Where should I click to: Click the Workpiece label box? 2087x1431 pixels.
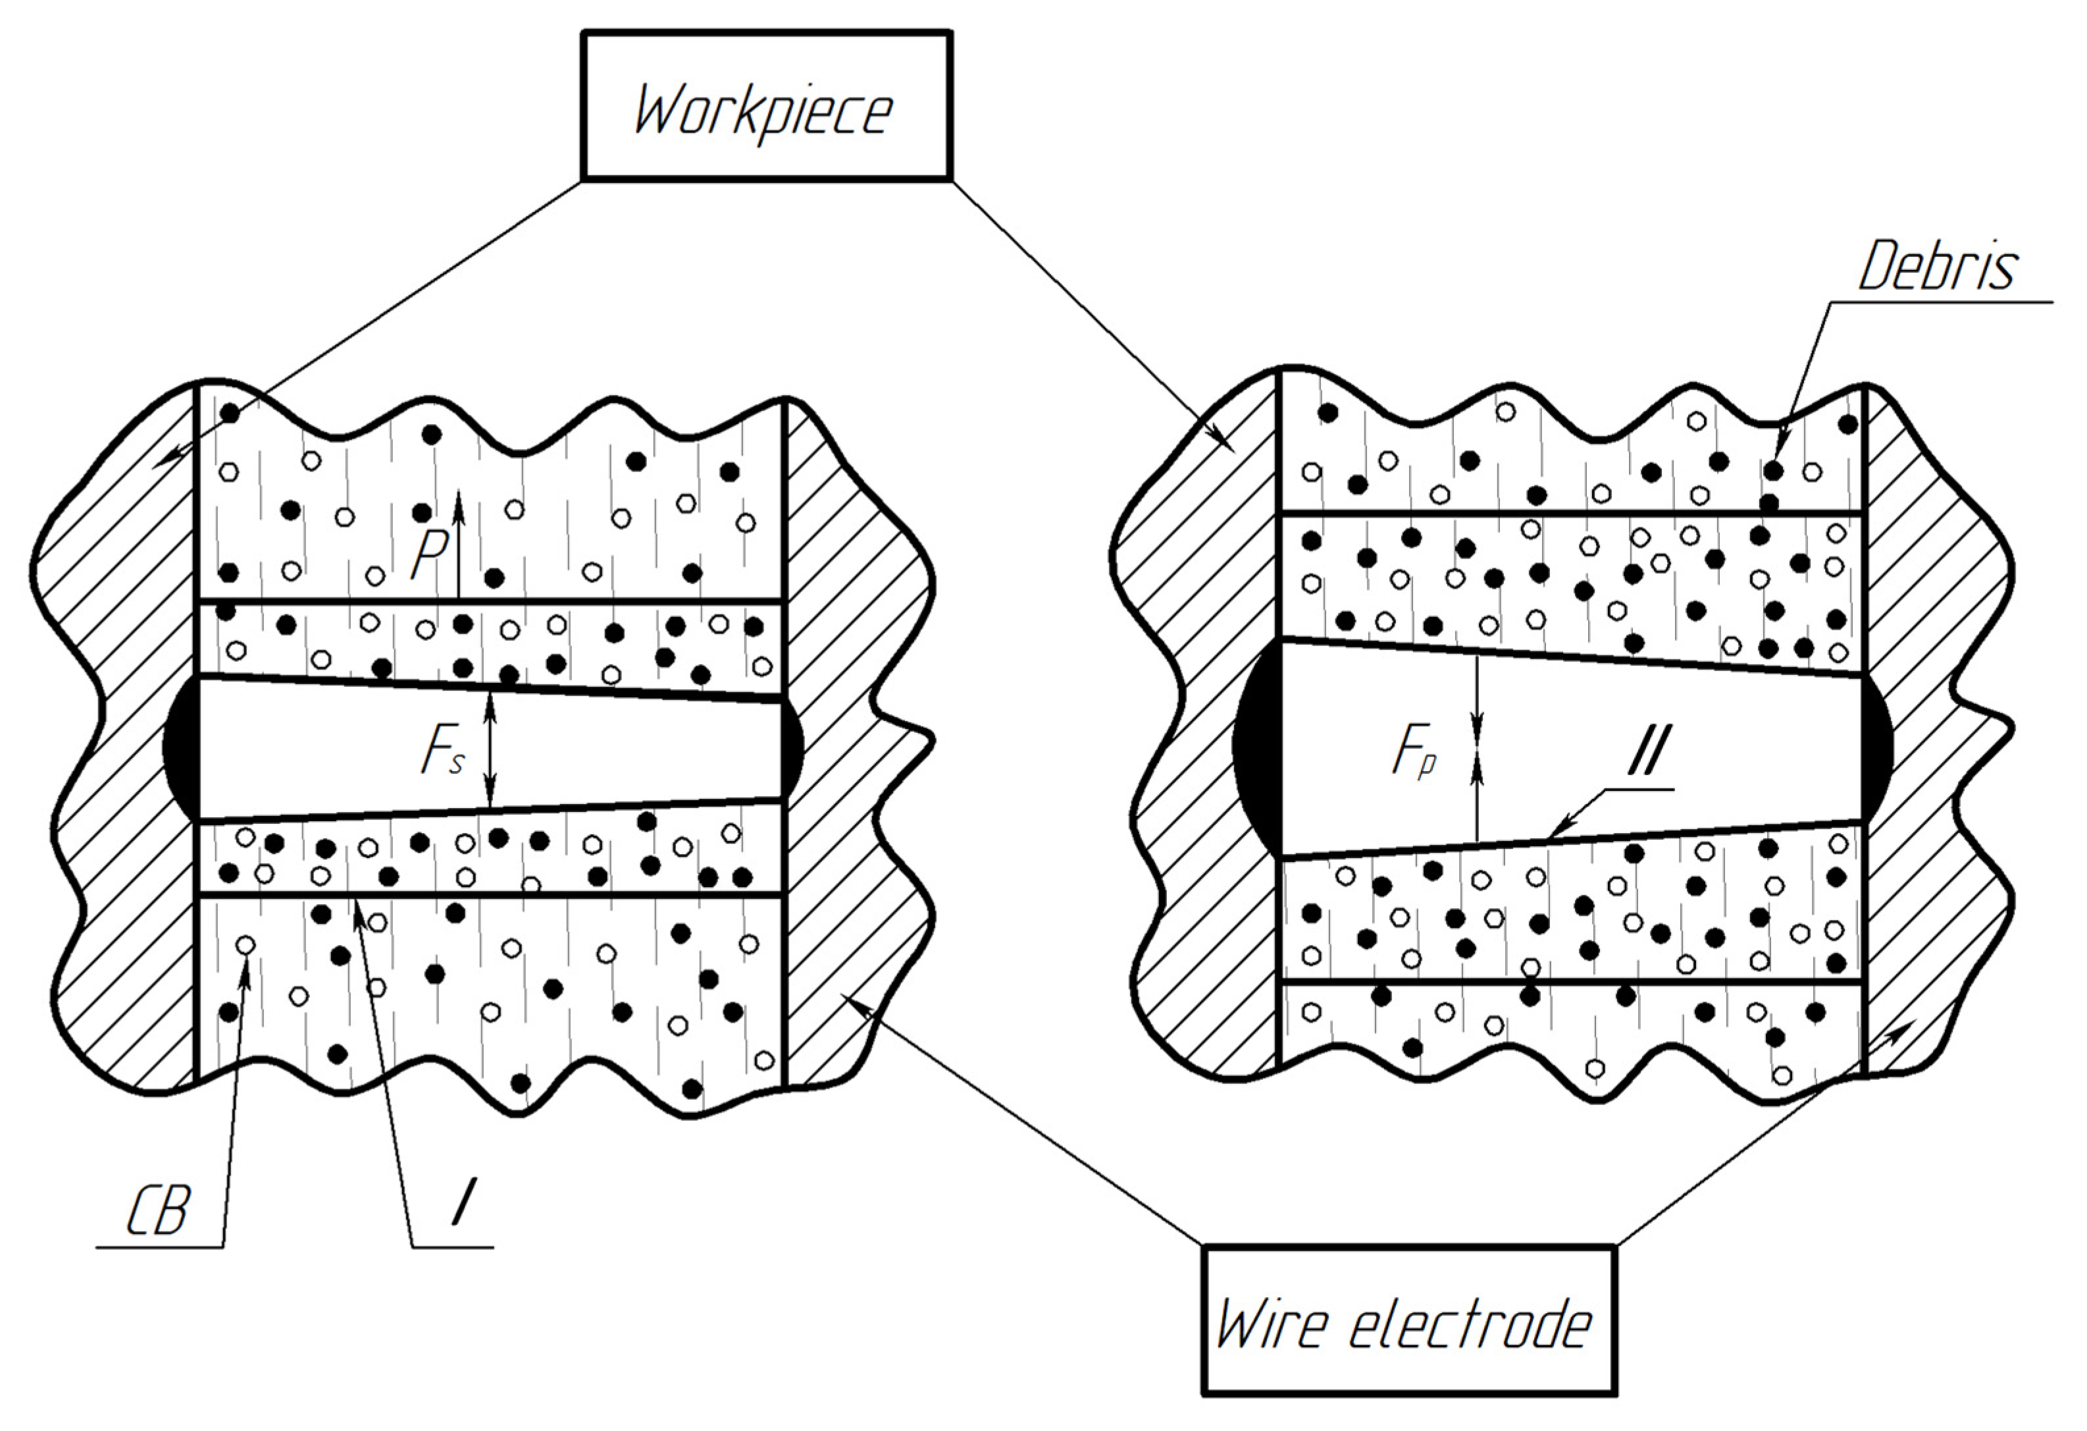click(x=766, y=106)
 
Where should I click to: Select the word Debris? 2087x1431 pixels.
click(x=1937, y=267)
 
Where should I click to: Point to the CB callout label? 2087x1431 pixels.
click(x=158, y=1212)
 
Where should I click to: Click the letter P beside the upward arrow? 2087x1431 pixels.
click(x=429, y=555)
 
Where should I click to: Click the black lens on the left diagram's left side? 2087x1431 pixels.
click(x=180, y=747)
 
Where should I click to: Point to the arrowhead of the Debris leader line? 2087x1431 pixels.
click(x=1779, y=448)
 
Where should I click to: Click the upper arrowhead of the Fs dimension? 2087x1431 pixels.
click(x=490, y=699)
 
